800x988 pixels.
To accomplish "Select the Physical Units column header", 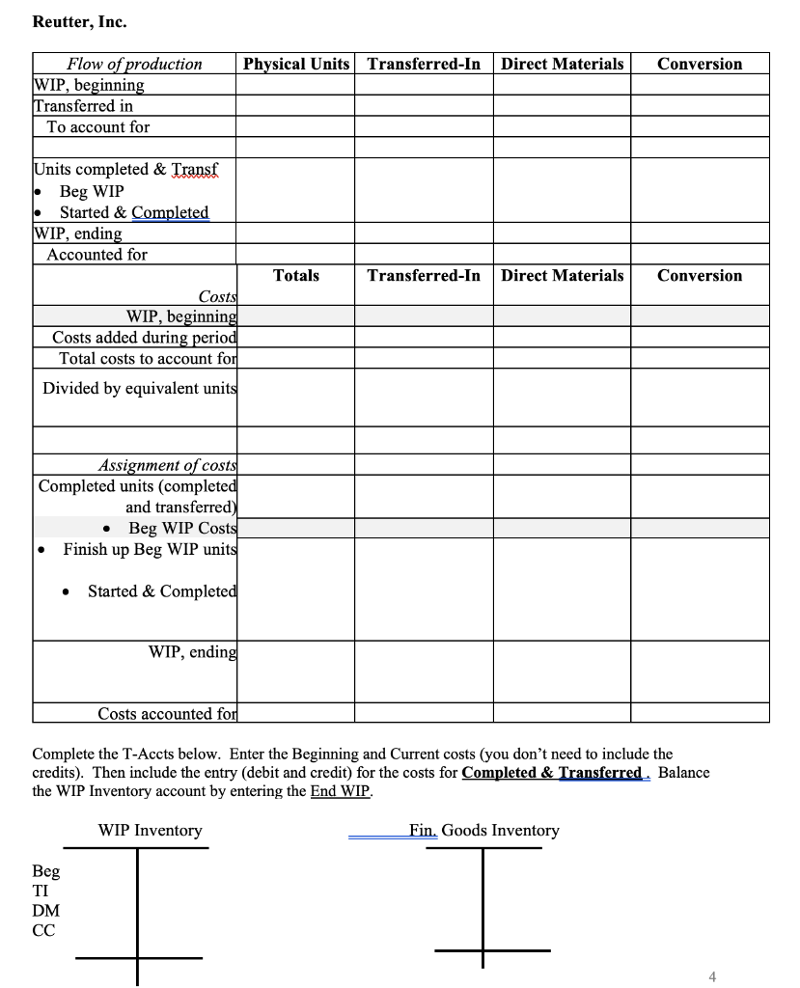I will pyautogui.click(x=296, y=64).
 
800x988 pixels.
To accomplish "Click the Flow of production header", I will pyautogui.click(x=134, y=64).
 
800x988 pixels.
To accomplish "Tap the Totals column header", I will pyautogui.click(x=296, y=276).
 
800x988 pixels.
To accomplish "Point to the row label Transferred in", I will pyautogui.click(x=83, y=106).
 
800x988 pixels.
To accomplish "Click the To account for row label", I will pyautogui.click(x=97, y=127).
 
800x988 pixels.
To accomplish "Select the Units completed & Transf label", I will pyautogui.click(x=127, y=170).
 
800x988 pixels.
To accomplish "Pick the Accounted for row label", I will pyautogui.click(x=97, y=255).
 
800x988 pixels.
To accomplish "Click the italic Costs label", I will pyautogui.click(x=216, y=296).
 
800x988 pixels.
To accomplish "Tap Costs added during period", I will pyautogui.click(x=144, y=338).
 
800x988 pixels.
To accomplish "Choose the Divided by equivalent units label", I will pyautogui.click(x=139, y=388).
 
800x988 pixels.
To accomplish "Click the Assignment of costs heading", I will pyautogui.click(x=167, y=466).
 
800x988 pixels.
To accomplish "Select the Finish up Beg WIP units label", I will pyautogui.click(x=150, y=549).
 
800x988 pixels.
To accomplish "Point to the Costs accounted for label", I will pyautogui.click(x=167, y=714).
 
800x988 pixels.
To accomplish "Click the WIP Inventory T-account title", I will pyautogui.click(x=150, y=831).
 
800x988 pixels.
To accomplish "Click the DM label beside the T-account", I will pyautogui.click(x=45, y=911).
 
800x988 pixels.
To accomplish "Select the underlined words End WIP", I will pyautogui.click(x=344, y=794).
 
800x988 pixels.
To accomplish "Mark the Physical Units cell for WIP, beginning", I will pyautogui.click(x=295, y=85).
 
